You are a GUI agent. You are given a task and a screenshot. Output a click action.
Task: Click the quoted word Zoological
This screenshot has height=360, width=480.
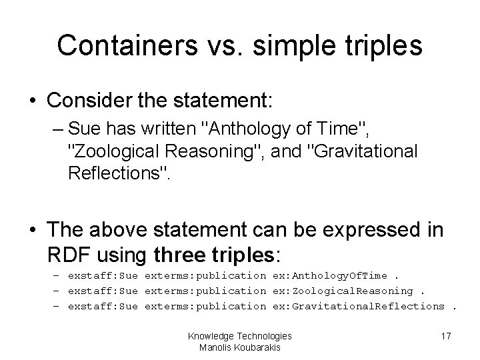coord(121,151)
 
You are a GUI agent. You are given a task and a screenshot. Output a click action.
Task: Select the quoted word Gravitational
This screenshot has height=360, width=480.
coord(361,151)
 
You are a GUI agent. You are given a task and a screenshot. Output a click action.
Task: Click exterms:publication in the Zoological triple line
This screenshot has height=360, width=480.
coord(205,290)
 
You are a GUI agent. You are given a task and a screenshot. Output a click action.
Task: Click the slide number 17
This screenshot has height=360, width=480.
coord(445,337)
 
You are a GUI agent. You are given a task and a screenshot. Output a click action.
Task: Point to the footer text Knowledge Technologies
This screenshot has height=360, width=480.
coord(240,336)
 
